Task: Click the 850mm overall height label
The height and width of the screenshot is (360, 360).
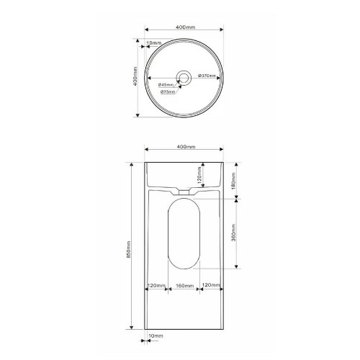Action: [x=128, y=249]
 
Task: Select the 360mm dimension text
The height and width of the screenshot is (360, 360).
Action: [x=234, y=233]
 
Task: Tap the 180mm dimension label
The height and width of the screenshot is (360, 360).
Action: [x=234, y=181]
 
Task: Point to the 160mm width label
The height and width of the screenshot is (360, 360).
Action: [x=184, y=286]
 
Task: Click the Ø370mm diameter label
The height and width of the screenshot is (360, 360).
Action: [x=207, y=76]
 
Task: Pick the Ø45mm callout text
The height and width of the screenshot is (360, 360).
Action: [x=166, y=85]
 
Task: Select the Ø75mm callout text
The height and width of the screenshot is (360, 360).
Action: [x=168, y=91]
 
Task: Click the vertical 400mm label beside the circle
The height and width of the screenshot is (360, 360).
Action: [x=135, y=76]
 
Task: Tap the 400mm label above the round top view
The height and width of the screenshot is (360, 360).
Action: [x=186, y=27]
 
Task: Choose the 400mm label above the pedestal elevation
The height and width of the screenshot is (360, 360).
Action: [x=186, y=147]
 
